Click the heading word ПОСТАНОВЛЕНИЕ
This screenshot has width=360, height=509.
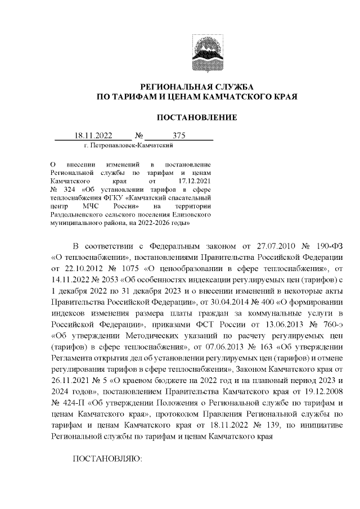(196, 117)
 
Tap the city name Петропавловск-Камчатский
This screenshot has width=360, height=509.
(127, 145)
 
